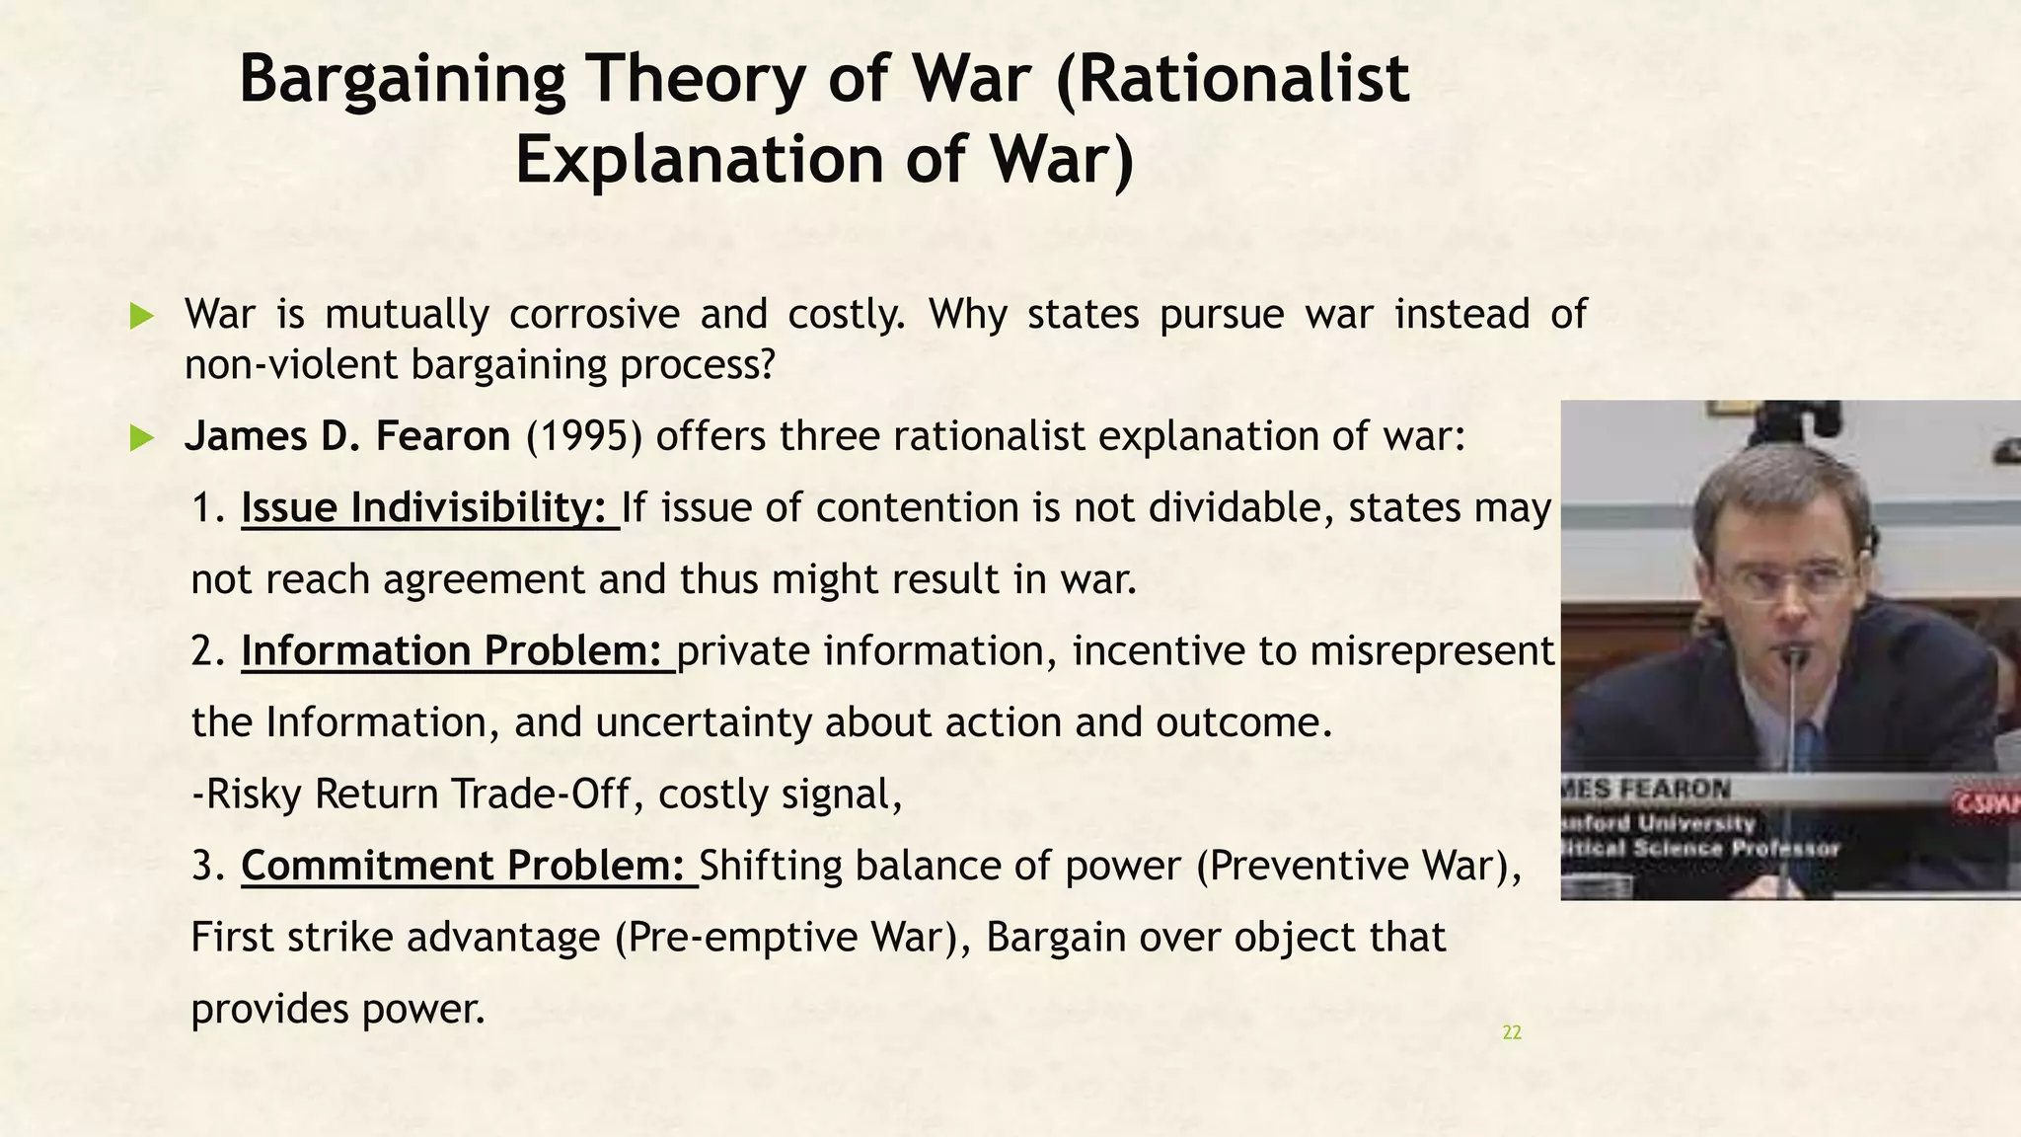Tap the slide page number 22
[1511, 1033]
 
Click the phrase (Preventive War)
[1358, 866]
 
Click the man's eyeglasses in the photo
[1786, 582]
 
